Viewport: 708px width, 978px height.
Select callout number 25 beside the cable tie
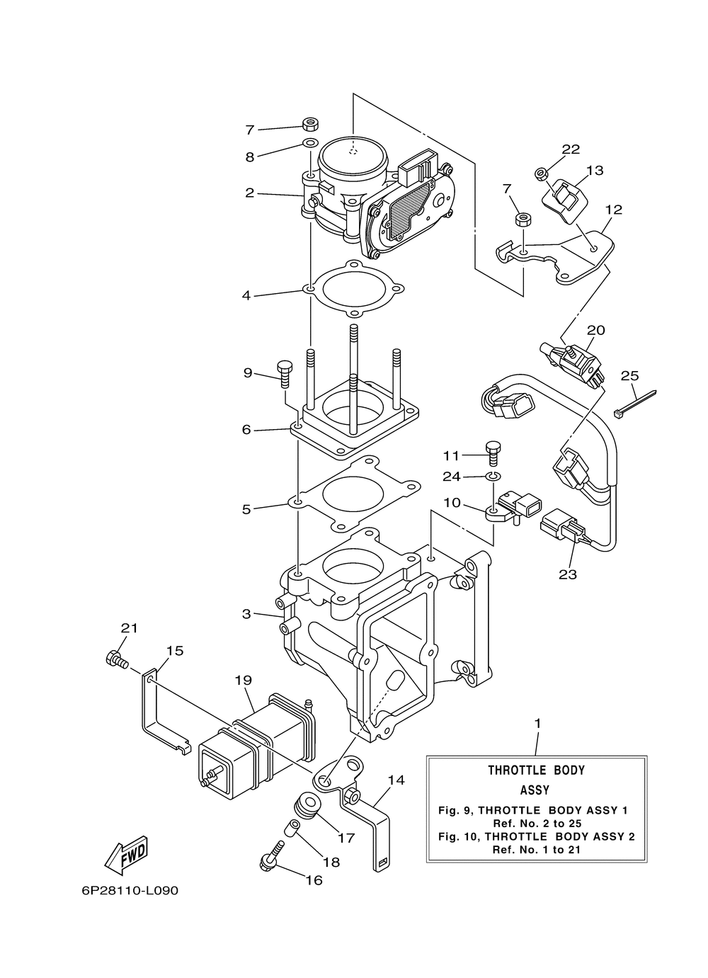[x=629, y=376]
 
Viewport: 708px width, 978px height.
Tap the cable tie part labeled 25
[x=635, y=404]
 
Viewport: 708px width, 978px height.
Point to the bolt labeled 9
[x=284, y=374]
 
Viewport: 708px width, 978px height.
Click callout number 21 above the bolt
[x=129, y=628]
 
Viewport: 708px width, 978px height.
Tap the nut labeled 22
[x=541, y=174]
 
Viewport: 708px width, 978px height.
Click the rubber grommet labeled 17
[x=308, y=805]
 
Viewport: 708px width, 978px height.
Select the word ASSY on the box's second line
[x=535, y=790]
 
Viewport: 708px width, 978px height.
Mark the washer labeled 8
[x=311, y=142]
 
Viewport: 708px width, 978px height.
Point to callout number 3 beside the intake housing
[x=246, y=614]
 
